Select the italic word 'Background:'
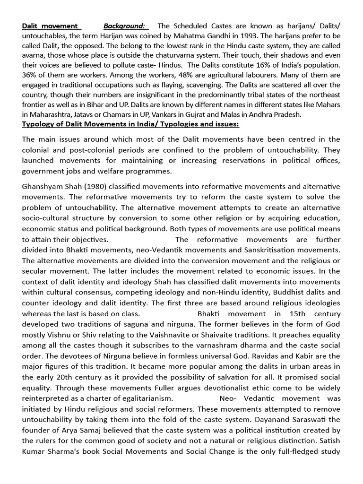(x=124, y=26)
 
